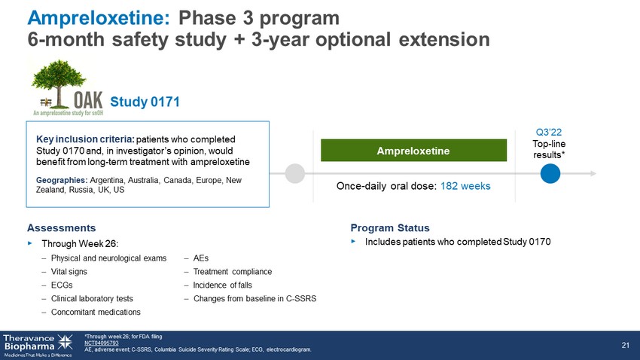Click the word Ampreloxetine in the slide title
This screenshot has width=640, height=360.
pyautogui.click(x=98, y=18)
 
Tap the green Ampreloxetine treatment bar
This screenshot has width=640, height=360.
pyautogui.click(x=413, y=151)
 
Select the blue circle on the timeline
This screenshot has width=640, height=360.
pyautogui.click(x=550, y=173)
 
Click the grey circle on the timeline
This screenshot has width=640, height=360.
pyautogui.click(x=294, y=173)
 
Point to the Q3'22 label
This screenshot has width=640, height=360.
pyautogui.click(x=549, y=133)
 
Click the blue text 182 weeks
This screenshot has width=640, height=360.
pyautogui.click(x=465, y=186)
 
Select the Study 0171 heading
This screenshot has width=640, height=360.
pyautogui.click(x=145, y=102)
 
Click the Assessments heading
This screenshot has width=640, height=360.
pyautogui.click(x=61, y=227)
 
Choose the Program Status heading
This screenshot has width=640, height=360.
pyautogui.click(x=390, y=227)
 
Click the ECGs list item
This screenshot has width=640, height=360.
pyautogui.click(x=62, y=285)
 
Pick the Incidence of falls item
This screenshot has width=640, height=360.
pyautogui.click(x=222, y=285)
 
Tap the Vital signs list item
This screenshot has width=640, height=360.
pyautogui.click(x=69, y=272)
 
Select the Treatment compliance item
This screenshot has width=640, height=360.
pyautogui.click(x=232, y=272)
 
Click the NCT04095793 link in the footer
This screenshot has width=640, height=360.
pyautogui.click(x=101, y=343)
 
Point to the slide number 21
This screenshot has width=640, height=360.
pyautogui.click(x=625, y=345)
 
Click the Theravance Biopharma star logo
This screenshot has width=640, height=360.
pyautogui.click(x=65, y=343)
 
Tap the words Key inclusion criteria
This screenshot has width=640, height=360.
pyautogui.click(x=85, y=139)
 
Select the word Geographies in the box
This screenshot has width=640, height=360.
pyautogui.click(x=62, y=181)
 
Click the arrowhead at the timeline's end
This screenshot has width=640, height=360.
pyautogui.click(x=593, y=173)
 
